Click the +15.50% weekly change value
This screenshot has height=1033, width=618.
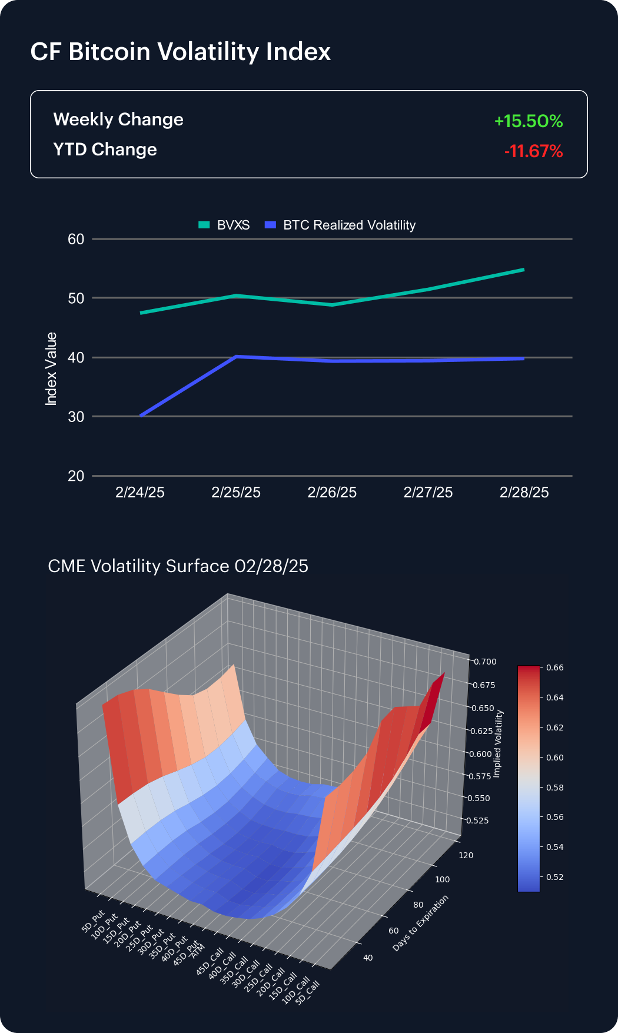[529, 121]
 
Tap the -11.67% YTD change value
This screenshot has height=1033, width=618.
[533, 151]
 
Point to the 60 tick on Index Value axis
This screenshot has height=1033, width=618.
[77, 239]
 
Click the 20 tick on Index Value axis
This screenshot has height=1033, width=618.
[77, 476]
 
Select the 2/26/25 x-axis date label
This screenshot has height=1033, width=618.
[332, 492]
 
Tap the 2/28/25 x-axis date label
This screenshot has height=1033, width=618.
[524, 492]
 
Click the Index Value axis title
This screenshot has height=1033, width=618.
[52, 369]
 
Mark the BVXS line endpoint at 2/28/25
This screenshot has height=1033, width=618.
[523, 270]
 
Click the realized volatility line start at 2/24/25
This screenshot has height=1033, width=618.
[141, 416]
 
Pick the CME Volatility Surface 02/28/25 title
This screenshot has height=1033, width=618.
[178, 566]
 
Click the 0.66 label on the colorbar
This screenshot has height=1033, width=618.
[554, 667]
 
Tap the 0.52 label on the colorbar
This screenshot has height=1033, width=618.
[554, 876]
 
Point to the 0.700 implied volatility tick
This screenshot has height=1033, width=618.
[485, 662]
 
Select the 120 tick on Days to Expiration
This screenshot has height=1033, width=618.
[466, 855]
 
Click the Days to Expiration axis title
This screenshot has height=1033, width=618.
[420, 922]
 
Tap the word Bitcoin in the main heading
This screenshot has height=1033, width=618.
[109, 52]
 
